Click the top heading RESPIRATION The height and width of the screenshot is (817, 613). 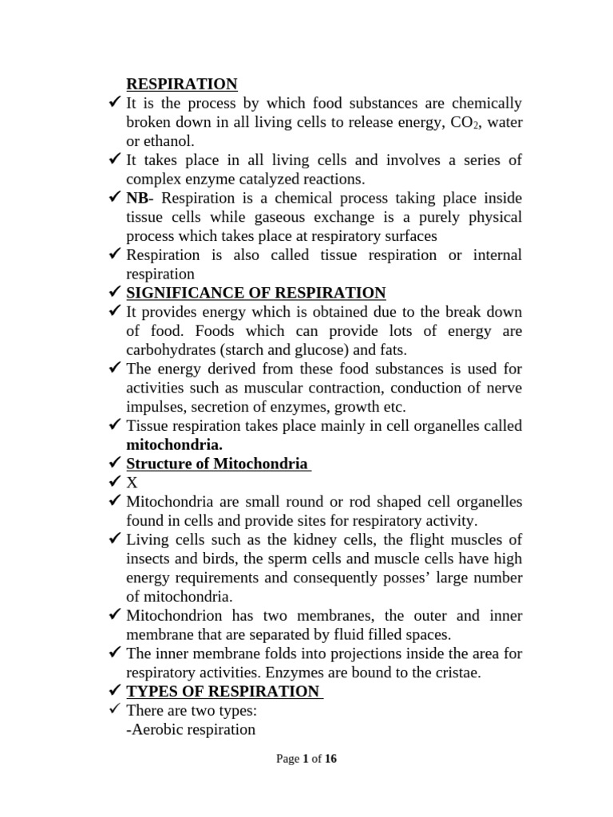coord(182,84)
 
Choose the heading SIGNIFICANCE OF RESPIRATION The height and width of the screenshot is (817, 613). coord(255,293)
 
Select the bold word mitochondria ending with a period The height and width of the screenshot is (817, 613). coord(174,444)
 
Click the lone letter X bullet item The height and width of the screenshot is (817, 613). coord(132,483)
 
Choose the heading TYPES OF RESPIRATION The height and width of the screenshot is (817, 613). coord(223,692)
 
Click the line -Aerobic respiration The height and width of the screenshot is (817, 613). coord(191,729)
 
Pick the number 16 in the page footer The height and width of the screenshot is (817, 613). coord(330,759)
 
